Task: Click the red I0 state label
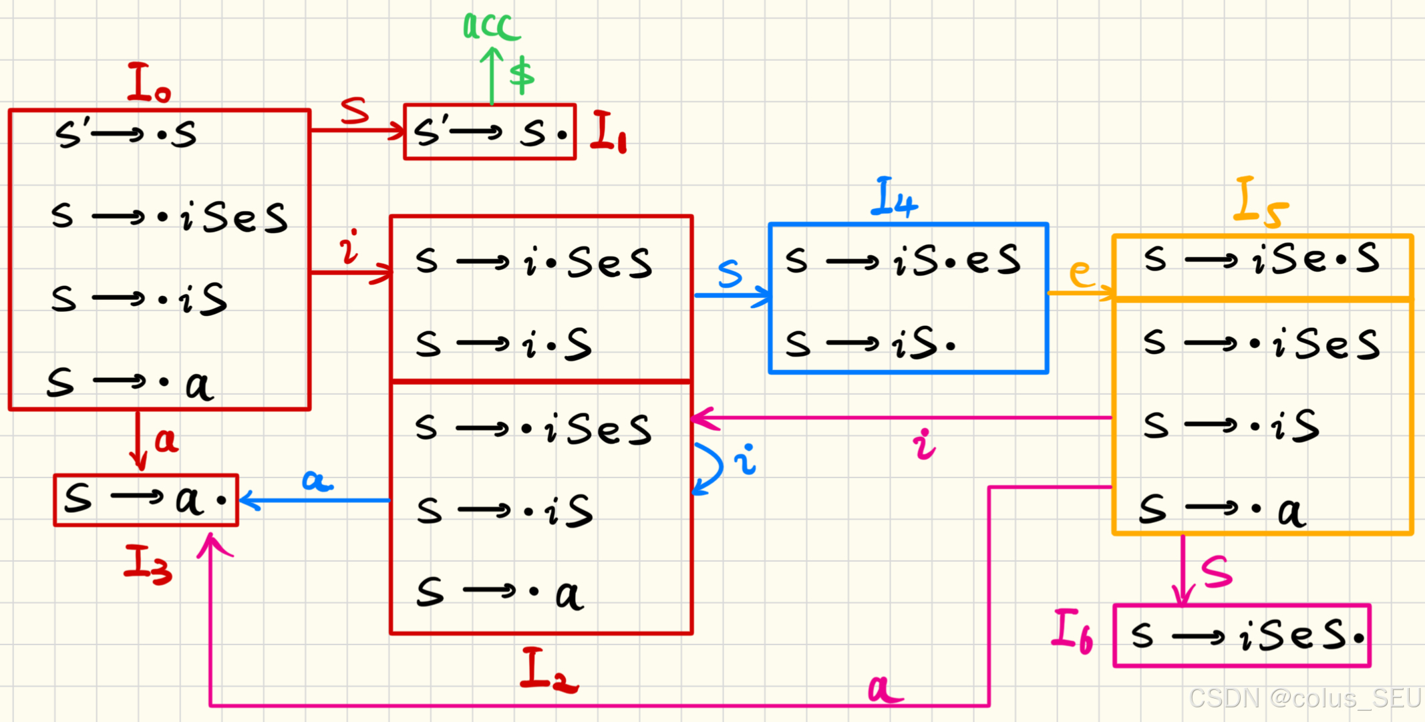148,83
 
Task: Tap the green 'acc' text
491,27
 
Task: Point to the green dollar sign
522,75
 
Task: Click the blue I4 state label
894,198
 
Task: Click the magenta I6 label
1072,630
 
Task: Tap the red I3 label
148,564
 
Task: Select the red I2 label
548,670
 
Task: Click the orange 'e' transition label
1082,273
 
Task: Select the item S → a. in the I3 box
146,500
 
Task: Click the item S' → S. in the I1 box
490,132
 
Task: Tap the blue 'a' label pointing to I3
317,480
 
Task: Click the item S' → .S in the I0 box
126,134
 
